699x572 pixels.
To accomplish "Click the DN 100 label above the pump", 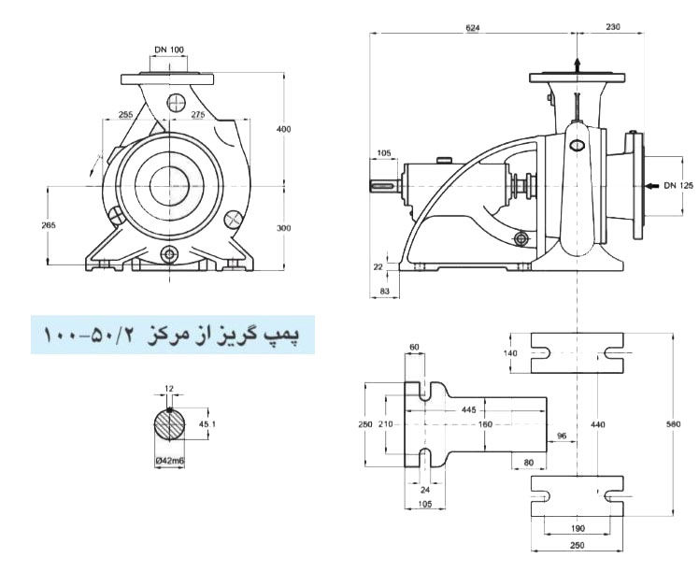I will coord(169,50).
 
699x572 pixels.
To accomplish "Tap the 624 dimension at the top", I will coord(474,28).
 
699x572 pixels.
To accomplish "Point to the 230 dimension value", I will coord(612,28).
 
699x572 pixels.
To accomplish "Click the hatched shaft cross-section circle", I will coord(170,426).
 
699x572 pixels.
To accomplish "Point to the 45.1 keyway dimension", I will coord(209,425).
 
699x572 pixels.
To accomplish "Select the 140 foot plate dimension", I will coord(510,353).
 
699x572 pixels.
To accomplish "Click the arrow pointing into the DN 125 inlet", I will coord(651,186).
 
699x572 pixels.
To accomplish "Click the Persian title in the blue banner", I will coord(172,334).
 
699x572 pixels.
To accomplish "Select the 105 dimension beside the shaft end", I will coord(384,153).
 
